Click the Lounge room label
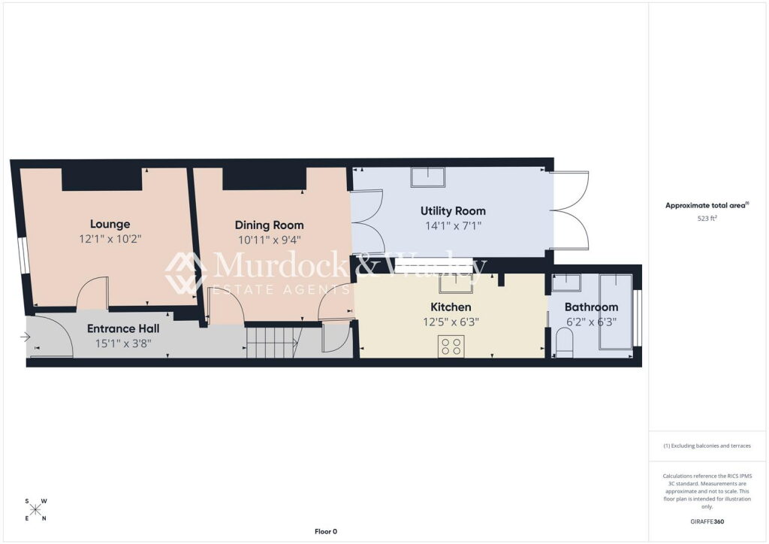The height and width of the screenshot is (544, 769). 110,224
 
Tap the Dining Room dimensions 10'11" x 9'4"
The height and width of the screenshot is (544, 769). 270,240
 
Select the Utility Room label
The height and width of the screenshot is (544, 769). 453,211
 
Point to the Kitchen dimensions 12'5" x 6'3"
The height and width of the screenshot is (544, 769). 451,322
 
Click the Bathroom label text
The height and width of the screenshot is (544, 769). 591,307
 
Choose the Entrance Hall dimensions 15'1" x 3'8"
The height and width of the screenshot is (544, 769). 123,343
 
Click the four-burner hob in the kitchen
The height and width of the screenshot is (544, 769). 451,346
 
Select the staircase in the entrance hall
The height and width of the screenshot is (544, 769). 273,343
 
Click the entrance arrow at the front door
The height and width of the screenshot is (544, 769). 25,337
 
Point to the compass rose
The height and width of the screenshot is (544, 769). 36,510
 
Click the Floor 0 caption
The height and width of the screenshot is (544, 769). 326,531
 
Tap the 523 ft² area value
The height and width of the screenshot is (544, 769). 707,219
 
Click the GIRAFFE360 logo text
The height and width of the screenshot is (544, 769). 707,521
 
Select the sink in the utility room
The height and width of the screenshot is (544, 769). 428,177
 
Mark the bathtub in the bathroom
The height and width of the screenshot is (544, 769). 616,312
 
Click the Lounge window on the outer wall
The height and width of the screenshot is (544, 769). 23,255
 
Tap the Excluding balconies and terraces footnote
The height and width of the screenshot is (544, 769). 707,446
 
